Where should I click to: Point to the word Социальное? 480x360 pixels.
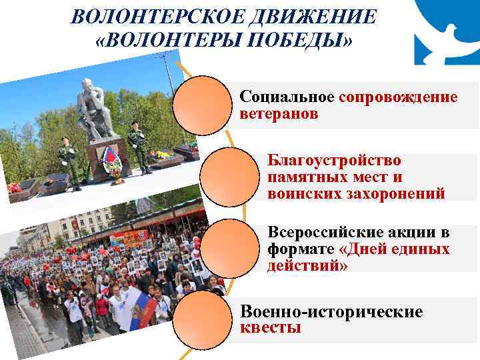[x=287, y=97]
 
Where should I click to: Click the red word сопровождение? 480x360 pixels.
[x=397, y=97]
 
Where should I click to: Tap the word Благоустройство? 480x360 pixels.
[x=334, y=161]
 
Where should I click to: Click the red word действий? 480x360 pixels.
[x=305, y=265]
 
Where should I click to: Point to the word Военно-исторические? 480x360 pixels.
[x=331, y=312]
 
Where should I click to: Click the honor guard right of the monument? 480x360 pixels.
[x=139, y=147]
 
